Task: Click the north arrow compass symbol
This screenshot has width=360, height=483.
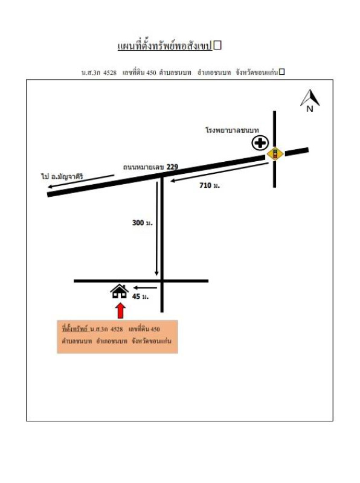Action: click(310, 97)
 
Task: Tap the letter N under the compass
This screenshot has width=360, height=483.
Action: click(310, 109)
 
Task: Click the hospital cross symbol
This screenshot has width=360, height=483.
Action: click(260, 143)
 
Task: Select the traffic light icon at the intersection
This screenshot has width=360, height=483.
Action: click(275, 153)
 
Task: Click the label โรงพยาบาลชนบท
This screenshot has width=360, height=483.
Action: click(233, 130)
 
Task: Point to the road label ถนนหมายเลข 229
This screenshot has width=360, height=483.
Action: click(150, 167)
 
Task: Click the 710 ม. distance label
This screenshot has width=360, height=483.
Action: click(210, 185)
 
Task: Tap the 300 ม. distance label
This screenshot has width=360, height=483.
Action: click(142, 223)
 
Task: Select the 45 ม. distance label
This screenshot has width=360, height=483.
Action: click(141, 296)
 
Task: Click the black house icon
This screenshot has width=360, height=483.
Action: click(120, 292)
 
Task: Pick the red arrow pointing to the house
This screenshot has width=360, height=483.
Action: click(121, 310)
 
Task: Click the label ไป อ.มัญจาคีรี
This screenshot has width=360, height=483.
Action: click(62, 176)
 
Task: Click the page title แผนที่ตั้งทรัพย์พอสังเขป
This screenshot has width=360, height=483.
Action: click(165, 46)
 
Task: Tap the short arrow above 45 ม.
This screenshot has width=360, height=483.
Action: click(145, 288)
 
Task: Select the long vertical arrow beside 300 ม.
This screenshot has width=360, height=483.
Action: click(157, 229)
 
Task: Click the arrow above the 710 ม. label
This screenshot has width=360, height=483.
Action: click(219, 172)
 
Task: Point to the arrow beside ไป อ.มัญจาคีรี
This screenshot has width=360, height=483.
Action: click(81, 181)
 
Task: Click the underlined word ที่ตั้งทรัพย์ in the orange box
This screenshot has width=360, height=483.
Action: click(76, 329)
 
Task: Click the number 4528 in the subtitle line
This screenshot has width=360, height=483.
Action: click(110, 72)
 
